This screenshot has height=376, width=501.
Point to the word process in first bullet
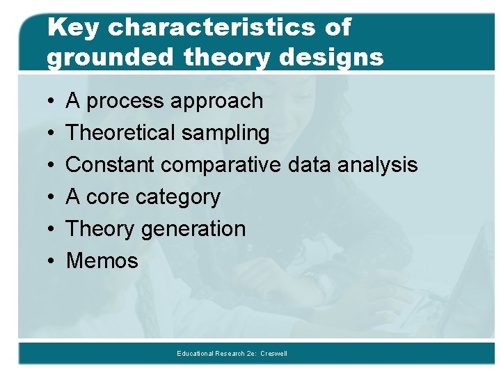tap(127, 102)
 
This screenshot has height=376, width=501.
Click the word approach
tap(217, 102)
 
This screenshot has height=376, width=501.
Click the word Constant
tap(111, 165)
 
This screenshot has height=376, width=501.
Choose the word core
tap(109, 197)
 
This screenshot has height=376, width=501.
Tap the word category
tap(178, 198)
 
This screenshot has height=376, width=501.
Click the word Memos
tap(102, 261)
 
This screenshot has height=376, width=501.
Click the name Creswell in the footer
tap(274, 354)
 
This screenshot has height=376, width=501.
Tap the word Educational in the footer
tap(196, 354)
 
